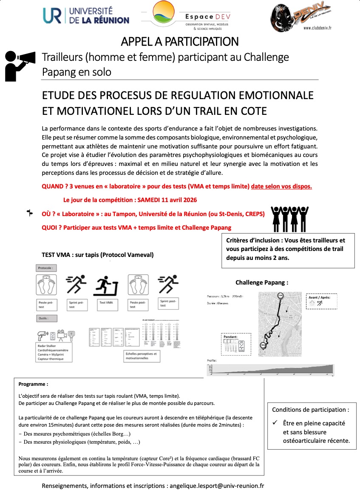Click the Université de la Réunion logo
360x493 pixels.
click(85, 15)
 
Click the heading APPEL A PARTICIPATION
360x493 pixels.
click(179, 42)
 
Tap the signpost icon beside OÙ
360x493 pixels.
click(30, 213)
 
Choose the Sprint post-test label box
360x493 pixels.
click(167, 302)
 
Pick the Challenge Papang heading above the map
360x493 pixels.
click(261, 282)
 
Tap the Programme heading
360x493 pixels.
click(31, 384)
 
